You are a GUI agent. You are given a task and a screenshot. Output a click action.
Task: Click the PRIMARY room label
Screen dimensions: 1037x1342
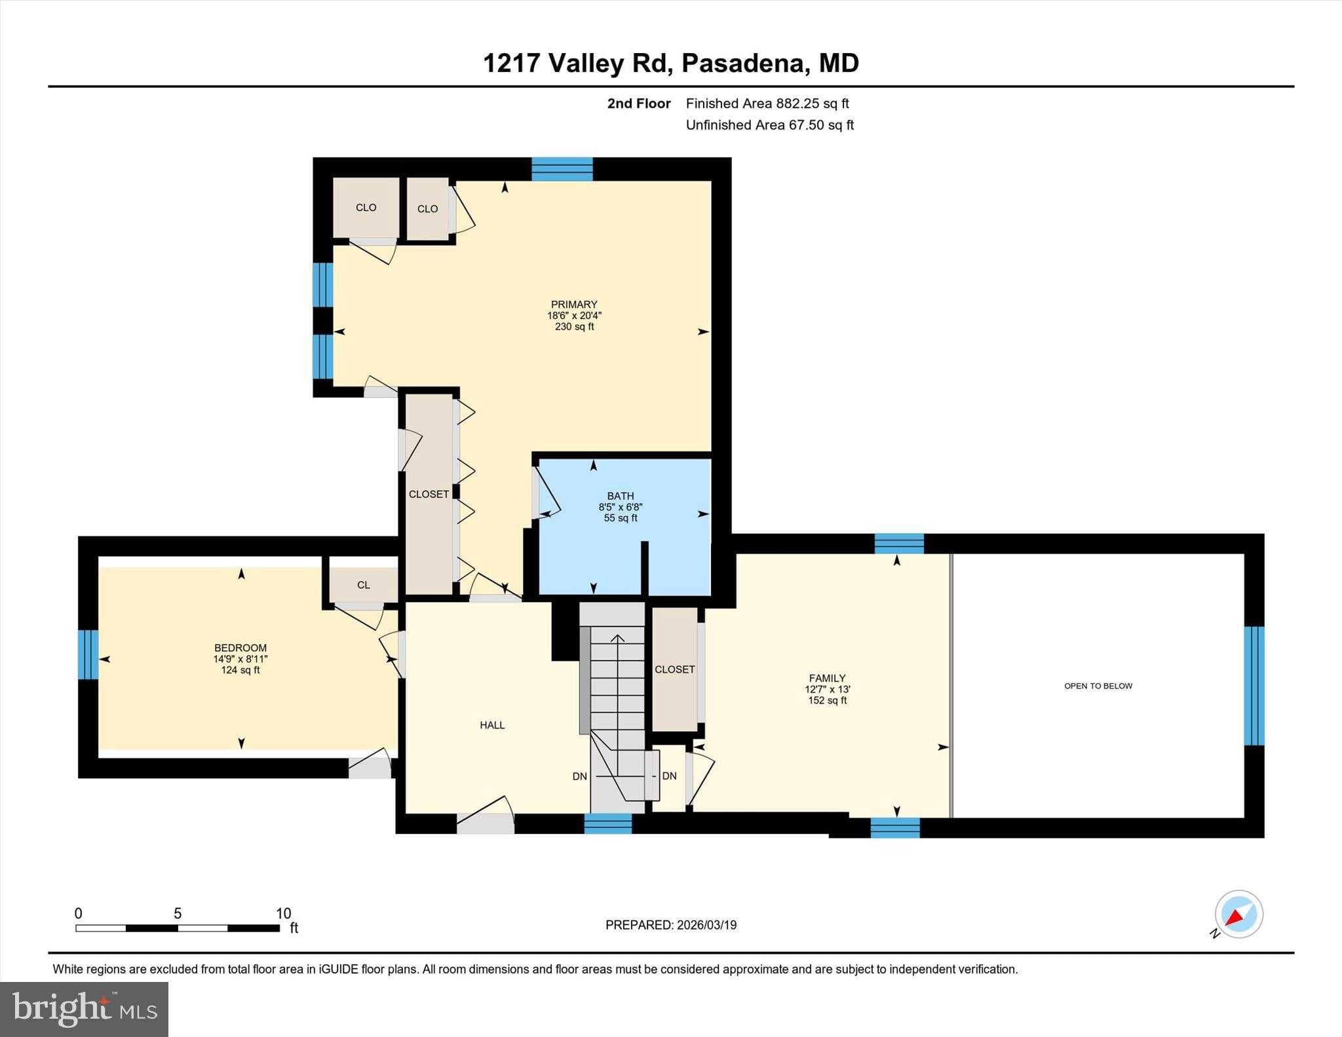pos(574,305)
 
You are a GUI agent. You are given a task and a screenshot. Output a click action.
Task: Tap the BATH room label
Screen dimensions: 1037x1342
pos(620,497)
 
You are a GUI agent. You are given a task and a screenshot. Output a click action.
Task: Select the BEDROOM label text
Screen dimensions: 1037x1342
pos(240,649)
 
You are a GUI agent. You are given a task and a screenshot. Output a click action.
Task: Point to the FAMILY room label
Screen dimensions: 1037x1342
pos(827,679)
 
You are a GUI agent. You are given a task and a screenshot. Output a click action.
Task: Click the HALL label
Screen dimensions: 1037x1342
pos(492,725)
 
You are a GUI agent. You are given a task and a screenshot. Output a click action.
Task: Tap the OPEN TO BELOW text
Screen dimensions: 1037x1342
pos(1098,686)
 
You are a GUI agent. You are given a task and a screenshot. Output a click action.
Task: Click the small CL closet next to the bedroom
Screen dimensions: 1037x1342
pos(364,585)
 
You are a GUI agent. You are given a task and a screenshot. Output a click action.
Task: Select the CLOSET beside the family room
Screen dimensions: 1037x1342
pos(674,669)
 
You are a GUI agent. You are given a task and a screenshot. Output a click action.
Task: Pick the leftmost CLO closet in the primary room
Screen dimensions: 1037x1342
pos(366,208)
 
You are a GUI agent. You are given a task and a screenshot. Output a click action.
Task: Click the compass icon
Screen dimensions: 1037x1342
pos(1238,914)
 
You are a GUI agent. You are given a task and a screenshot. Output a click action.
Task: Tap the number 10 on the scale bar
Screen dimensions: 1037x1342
pos(283,913)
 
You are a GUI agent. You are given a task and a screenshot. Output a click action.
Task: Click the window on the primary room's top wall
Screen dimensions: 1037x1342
pos(562,169)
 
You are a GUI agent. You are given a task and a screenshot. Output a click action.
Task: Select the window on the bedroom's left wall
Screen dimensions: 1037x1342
pos(88,654)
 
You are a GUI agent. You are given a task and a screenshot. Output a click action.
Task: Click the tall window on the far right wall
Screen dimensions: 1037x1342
pos(1254,685)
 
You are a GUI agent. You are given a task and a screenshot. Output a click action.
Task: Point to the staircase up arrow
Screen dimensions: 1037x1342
pos(617,639)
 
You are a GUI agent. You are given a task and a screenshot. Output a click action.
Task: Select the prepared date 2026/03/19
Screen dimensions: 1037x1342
pos(706,925)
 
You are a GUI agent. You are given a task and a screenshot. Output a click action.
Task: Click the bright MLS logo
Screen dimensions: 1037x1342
pos(84,1009)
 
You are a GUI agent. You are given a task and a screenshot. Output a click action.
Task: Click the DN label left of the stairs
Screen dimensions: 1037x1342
pos(579,776)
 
